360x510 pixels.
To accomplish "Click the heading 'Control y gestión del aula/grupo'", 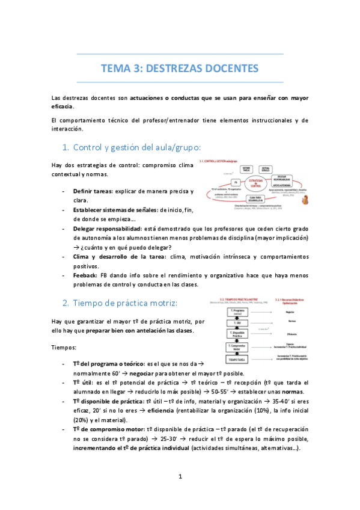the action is click(x=136, y=147).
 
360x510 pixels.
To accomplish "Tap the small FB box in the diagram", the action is click(x=219, y=182).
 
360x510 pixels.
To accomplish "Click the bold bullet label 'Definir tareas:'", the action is click(x=93, y=191).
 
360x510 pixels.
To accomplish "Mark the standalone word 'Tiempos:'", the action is click(x=64, y=348).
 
